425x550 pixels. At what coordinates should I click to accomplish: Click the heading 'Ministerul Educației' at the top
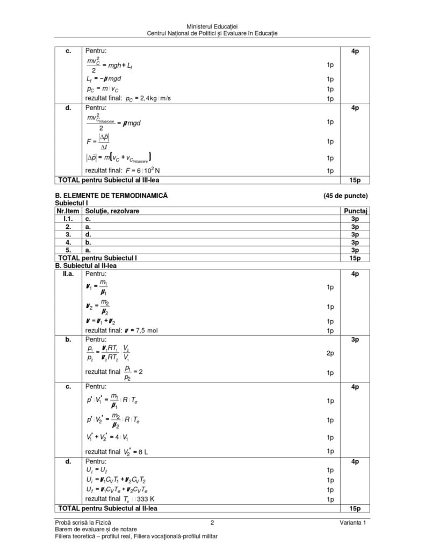(212, 26)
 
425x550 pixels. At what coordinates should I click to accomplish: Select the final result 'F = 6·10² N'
(139, 171)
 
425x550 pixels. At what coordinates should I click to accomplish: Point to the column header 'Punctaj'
(355, 211)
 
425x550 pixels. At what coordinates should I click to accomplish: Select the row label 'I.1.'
(68, 219)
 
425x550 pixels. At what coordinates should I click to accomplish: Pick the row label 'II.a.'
(68, 274)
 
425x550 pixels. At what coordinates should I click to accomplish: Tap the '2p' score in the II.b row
(330, 353)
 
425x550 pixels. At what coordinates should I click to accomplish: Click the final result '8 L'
(141, 452)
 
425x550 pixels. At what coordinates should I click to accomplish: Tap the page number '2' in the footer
(212, 523)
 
